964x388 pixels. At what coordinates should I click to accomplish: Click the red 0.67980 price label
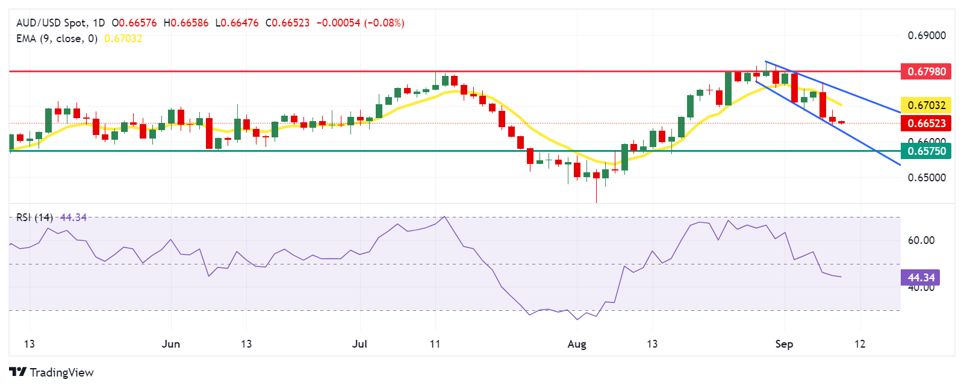(926, 71)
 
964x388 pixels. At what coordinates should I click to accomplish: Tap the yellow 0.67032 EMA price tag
(926, 105)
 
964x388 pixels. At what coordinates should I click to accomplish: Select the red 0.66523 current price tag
(926, 124)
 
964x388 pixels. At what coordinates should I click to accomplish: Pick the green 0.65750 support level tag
(926, 151)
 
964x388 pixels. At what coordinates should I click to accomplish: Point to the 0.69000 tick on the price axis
(927, 36)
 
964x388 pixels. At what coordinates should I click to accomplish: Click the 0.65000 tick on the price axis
(927, 178)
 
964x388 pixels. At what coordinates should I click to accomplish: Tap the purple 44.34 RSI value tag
(921, 277)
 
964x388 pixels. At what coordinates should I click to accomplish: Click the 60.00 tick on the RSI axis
(921, 240)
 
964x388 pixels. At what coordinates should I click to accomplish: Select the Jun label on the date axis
(171, 344)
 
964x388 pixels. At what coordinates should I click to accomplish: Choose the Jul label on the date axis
(359, 344)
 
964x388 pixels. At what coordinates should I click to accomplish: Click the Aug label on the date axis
(577, 344)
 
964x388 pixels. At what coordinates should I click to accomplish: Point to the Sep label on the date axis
(784, 344)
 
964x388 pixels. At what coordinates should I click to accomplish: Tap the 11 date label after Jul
(435, 344)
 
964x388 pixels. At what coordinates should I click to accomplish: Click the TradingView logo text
(61, 372)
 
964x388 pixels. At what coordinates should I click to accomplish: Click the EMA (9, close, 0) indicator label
(57, 39)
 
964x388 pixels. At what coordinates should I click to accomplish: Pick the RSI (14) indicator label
(34, 217)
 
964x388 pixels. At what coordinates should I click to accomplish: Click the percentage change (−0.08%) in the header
(384, 23)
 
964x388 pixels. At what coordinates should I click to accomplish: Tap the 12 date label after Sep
(860, 344)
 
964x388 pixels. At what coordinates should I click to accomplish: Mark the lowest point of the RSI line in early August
(577, 319)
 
